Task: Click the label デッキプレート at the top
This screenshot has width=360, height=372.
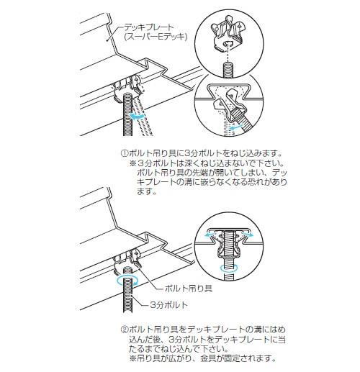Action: pyautogui.click(x=148, y=27)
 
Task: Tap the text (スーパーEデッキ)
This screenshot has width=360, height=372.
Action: pyautogui.click(x=156, y=37)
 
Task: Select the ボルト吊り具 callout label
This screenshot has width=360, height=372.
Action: pyautogui.click(x=189, y=288)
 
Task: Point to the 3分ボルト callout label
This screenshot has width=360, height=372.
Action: pyautogui.click(x=168, y=305)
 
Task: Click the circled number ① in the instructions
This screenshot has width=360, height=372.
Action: pyautogui.click(x=125, y=153)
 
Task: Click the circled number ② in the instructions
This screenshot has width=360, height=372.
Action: pyautogui.click(x=125, y=330)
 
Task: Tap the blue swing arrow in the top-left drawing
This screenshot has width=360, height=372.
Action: pyautogui.click(x=138, y=117)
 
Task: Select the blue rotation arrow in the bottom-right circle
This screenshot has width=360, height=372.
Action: pyautogui.click(x=230, y=268)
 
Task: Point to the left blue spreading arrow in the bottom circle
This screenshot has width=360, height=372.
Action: pyautogui.click(x=210, y=234)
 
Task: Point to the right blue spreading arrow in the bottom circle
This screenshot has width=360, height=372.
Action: pyautogui.click(x=248, y=234)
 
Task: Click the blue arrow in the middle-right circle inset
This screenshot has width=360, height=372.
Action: pyautogui.click(x=235, y=127)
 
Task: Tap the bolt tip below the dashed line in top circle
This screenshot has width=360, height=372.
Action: pyautogui.click(x=229, y=69)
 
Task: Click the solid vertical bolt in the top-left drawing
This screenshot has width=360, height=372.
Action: pyautogui.click(x=127, y=114)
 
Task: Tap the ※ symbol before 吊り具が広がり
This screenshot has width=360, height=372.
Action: pyautogui.click(x=132, y=358)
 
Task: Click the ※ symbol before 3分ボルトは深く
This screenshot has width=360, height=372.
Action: pyautogui.click(x=132, y=163)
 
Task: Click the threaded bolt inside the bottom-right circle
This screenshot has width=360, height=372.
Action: pyautogui.click(x=230, y=255)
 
